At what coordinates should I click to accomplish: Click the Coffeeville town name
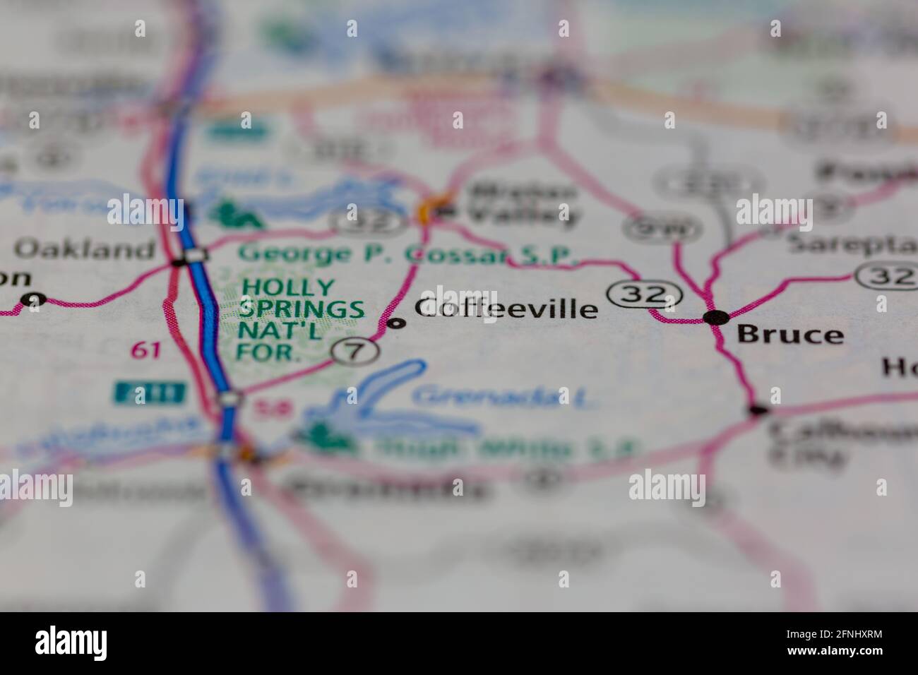pos(506,309)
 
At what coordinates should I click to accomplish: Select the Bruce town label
pos(790,335)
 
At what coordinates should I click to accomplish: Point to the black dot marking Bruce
pos(716,318)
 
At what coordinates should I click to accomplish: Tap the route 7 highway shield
pos(355,351)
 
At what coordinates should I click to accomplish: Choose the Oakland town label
pos(85,249)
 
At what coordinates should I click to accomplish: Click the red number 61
pos(145,350)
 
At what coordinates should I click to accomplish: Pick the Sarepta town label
pos(851,244)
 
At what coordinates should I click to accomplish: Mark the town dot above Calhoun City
pos(758,410)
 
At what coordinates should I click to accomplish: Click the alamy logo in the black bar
pos(71,643)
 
